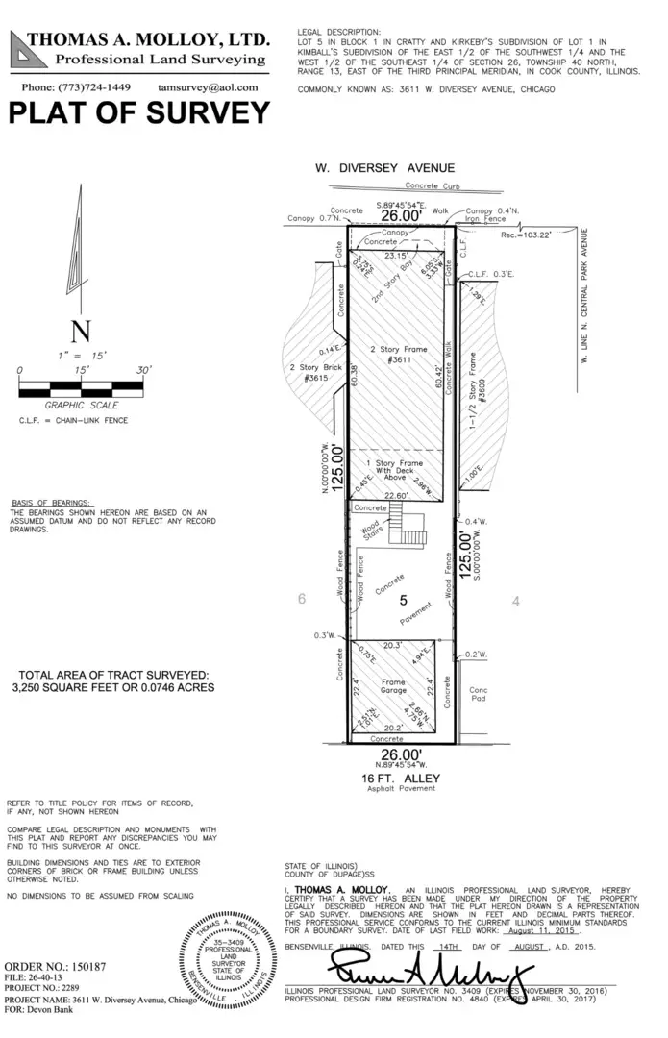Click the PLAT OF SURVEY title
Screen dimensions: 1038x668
tap(139, 112)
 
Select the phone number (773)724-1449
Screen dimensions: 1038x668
tap(76, 86)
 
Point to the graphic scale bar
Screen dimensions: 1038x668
tap(81, 388)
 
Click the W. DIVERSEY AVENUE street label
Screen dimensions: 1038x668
tap(384, 167)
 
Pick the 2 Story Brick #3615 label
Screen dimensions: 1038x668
tap(309, 373)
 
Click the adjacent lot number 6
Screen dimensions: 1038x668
tap(301, 599)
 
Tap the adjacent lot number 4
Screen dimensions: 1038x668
tap(516, 601)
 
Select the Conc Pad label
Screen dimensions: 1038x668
tap(478, 695)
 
